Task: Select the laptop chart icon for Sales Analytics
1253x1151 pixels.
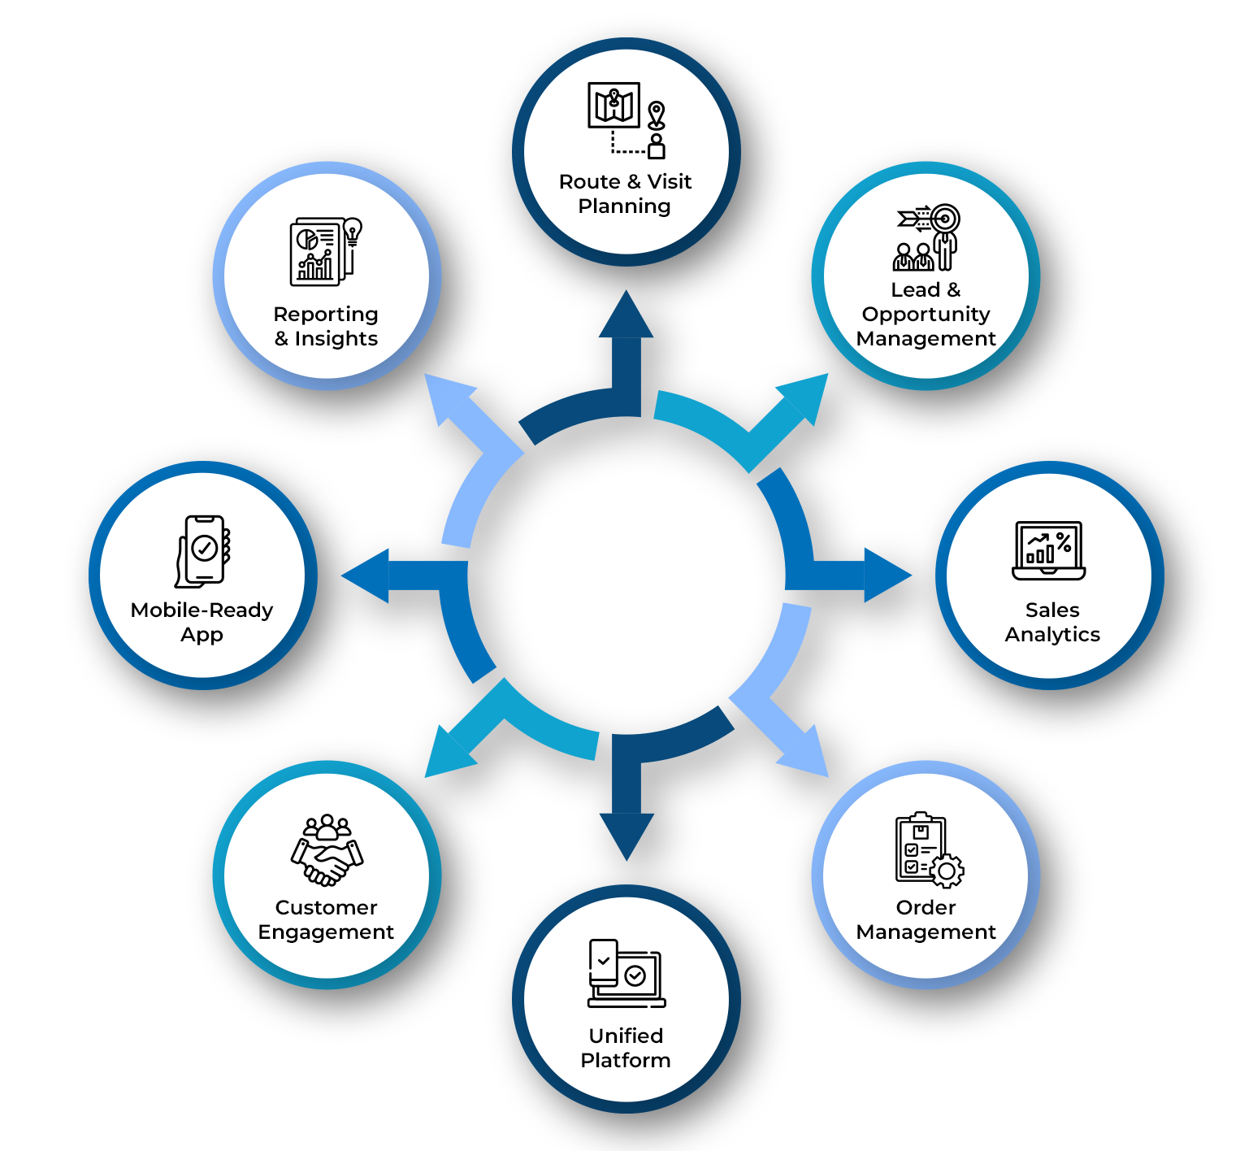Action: (1049, 550)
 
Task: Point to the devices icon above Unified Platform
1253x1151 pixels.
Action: (626, 974)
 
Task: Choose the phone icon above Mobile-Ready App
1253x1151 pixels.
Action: (203, 550)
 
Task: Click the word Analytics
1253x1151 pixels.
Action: (1052, 635)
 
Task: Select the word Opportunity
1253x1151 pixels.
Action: (926, 315)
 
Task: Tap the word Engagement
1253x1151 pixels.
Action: (326, 932)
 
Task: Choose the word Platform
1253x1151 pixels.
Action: (626, 1061)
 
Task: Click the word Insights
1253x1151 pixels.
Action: (336, 339)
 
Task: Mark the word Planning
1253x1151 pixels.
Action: (624, 206)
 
